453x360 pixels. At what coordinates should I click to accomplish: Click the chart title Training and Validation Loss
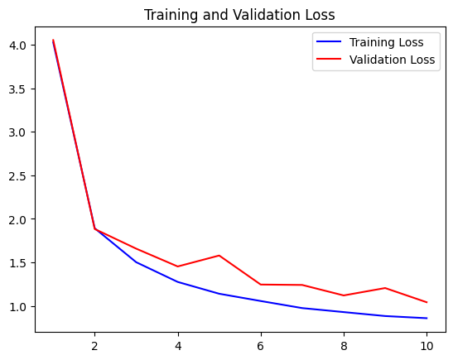pos(239,15)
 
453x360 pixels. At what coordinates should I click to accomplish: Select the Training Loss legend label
pos(386,42)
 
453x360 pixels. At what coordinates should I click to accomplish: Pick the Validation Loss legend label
pos(392,60)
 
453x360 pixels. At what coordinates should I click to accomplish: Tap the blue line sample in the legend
pos(329,41)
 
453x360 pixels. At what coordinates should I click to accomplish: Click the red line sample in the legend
pos(329,59)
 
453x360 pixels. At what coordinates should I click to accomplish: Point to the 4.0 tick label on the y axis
pos(18,46)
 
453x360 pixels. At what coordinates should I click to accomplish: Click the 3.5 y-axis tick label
pos(18,89)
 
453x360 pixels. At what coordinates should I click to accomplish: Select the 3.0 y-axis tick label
pos(18,132)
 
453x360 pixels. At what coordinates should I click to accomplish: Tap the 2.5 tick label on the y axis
pos(18,175)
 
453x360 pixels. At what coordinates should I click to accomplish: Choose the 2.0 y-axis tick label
pos(18,219)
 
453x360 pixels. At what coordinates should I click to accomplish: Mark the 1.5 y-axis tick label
pos(18,263)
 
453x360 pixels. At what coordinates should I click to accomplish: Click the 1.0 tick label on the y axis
pos(18,306)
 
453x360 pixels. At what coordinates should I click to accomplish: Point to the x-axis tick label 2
pos(94,346)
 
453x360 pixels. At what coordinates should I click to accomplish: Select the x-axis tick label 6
pos(261,346)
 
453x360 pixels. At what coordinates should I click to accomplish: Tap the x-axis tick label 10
pos(426,346)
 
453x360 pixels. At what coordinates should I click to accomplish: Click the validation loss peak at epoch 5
pos(219,256)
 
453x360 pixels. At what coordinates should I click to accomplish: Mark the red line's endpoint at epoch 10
pos(426,302)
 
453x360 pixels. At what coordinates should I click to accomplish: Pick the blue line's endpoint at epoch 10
pos(426,318)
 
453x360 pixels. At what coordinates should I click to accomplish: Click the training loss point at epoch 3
pos(137,262)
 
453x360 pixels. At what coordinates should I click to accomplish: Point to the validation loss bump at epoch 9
pos(385,288)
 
